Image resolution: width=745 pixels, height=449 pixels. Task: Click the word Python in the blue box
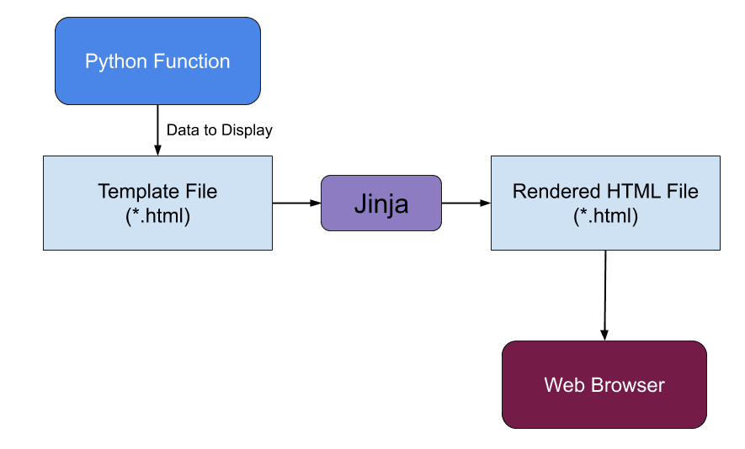114,61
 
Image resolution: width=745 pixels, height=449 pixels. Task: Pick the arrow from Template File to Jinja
295,203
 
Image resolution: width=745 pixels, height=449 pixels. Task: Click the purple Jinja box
380,203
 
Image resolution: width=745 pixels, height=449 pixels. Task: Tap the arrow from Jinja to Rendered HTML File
466,203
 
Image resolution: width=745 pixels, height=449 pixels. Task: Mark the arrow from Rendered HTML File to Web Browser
604,294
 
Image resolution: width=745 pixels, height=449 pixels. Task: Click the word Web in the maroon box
563,385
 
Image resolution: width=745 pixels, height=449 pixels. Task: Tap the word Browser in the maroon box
625,385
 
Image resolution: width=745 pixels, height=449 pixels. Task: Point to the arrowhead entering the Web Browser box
604,335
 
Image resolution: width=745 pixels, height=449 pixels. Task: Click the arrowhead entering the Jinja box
315,203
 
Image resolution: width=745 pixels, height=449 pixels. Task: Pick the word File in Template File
200,192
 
